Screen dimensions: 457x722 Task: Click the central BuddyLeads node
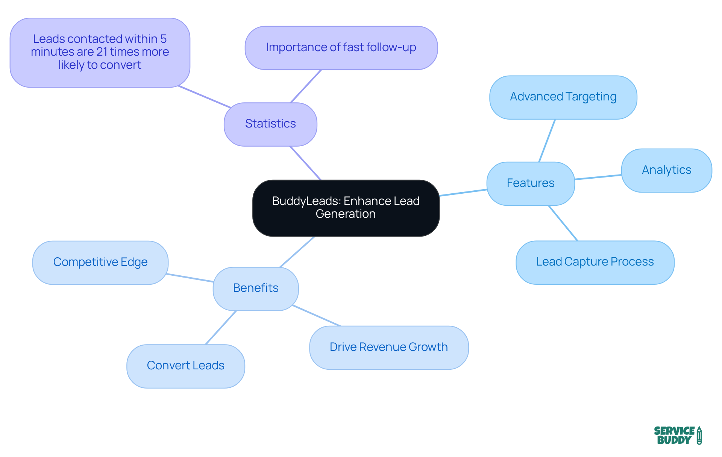(x=346, y=208)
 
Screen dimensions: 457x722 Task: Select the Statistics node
(x=270, y=124)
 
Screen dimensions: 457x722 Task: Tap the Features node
(x=530, y=183)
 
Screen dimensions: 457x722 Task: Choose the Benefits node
(x=256, y=288)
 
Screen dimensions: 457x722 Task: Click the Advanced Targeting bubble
(x=563, y=97)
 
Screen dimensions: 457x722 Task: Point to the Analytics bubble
(x=666, y=170)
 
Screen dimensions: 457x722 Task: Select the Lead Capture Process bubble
(x=595, y=262)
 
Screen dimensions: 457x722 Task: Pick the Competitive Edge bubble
(x=100, y=262)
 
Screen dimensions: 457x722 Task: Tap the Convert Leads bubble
(x=185, y=366)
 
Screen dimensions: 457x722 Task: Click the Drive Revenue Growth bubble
(x=388, y=347)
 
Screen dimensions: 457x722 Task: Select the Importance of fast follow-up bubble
(x=341, y=48)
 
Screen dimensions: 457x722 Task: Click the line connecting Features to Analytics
(x=598, y=177)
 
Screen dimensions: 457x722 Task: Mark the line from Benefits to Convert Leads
(x=221, y=328)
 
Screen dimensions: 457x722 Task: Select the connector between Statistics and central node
(x=305, y=163)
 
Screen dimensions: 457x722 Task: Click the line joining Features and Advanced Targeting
(x=547, y=141)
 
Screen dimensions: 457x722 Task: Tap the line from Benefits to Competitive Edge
(x=190, y=278)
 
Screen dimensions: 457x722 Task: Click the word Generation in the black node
(x=346, y=214)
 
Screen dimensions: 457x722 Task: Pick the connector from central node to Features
(x=463, y=193)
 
